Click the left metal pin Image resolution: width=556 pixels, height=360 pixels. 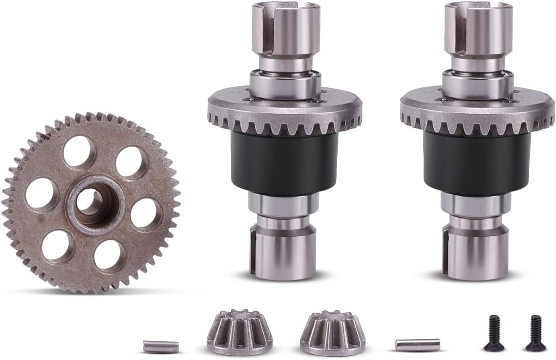160,347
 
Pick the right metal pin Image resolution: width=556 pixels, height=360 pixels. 417,344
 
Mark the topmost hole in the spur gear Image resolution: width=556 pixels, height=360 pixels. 79,151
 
